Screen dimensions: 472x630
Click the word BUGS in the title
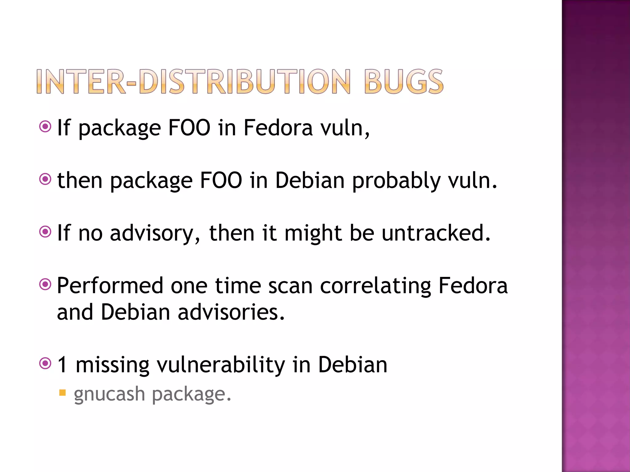[x=404, y=81]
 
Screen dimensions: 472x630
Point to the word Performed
[x=110, y=286]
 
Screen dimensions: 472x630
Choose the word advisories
[x=231, y=312]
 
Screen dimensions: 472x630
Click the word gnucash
[x=109, y=395]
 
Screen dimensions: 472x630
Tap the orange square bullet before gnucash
[x=62, y=393]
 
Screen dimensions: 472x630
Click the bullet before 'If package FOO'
[x=45, y=126]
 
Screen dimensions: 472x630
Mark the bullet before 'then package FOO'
[x=45, y=179]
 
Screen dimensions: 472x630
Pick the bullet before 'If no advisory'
[x=45, y=232]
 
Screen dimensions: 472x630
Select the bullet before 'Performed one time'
[x=45, y=284]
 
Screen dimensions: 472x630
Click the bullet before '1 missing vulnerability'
[x=45, y=364]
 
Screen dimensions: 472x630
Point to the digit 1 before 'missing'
[x=62, y=365]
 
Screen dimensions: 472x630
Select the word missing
[x=112, y=365]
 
